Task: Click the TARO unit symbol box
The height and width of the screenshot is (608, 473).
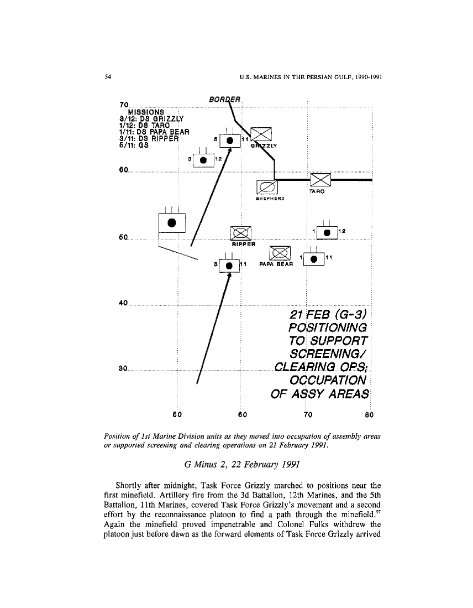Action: coord(320,180)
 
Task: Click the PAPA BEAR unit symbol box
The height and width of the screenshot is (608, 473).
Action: coord(280,253)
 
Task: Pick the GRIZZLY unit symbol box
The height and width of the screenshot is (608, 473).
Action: coord(261,134)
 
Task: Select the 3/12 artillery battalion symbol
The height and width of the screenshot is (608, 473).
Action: coord(203,159)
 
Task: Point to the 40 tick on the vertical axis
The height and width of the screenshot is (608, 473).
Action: coord(123,303)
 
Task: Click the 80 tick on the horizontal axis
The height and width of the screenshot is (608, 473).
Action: coord(370,414)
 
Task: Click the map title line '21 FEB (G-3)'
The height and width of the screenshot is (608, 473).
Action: coord(328,315)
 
